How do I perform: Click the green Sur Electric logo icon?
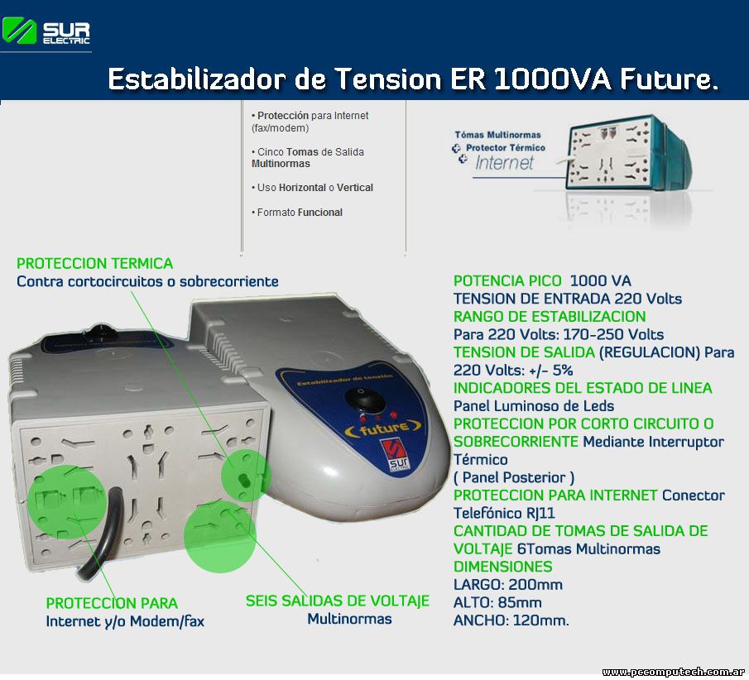coord(19,31)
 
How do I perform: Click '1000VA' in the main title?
coord(553,79)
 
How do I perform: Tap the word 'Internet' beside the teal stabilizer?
coord(504,163)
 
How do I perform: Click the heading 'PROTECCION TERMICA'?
coord(94,264)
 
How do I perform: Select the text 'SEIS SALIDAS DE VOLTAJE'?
coord(337,601)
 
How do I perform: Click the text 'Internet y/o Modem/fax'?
coord(125,621)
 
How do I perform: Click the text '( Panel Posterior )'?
coord(514,477)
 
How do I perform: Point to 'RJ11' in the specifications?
coord(540,514)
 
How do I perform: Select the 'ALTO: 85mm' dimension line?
coord(497,602)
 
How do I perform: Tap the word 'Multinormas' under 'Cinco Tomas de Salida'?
coord(281,164)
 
